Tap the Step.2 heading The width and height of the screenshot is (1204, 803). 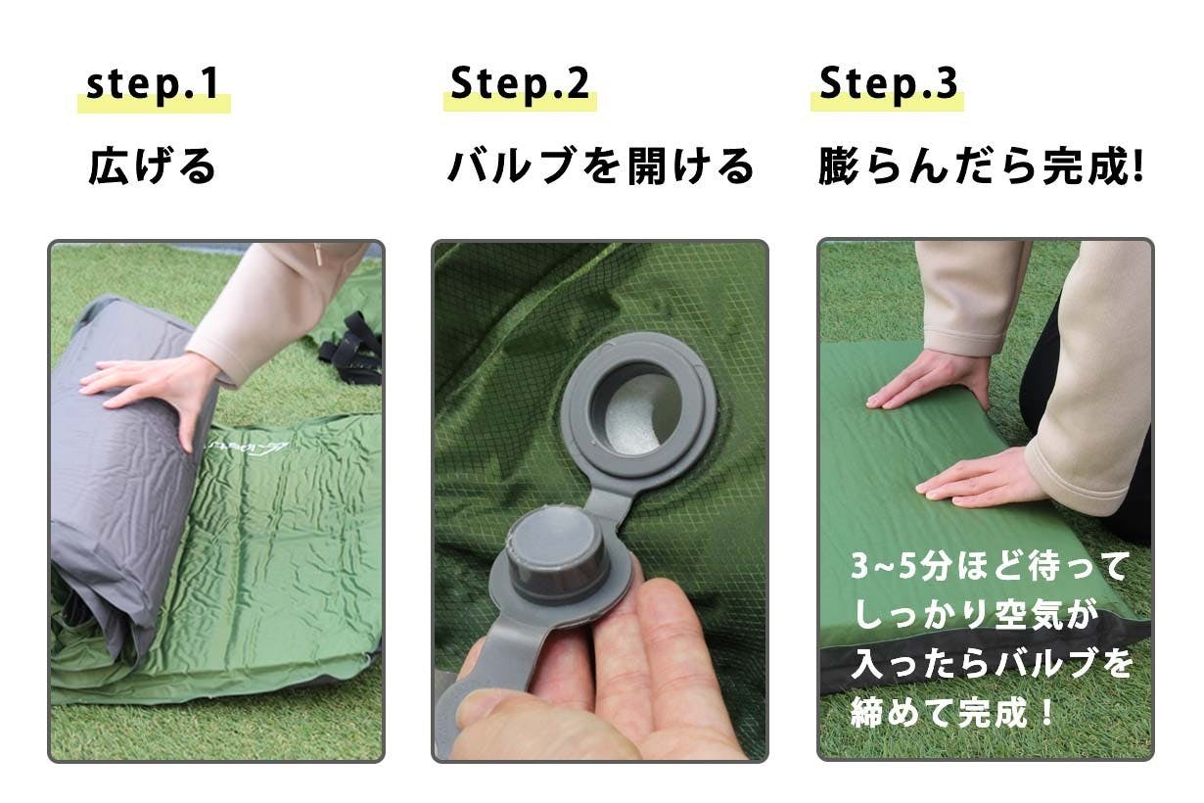coord(520,83)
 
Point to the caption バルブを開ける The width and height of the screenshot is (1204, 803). coord(600,165)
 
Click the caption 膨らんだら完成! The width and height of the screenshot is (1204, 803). coord(981,166)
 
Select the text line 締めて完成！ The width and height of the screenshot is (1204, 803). coord(951,713)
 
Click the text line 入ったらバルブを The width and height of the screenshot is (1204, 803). coord(993,664)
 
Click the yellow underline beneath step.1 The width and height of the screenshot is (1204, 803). coord(155,103)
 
